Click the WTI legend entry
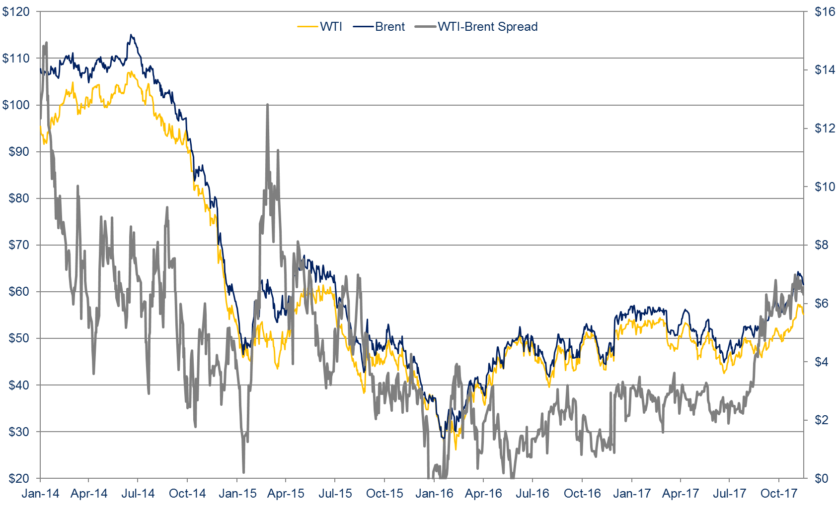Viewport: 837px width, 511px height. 320,27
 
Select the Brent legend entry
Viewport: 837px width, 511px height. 380,27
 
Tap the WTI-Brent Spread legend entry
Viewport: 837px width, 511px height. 477,27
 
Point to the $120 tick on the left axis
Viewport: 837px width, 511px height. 16,11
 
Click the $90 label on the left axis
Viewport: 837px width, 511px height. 19,152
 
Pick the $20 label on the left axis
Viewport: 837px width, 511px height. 19,479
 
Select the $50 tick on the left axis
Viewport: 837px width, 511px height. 19,338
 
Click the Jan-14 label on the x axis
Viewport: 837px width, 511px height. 40,494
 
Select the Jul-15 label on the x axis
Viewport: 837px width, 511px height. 335,494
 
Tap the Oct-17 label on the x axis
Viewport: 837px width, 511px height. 779,494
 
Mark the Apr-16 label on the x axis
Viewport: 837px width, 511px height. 483,494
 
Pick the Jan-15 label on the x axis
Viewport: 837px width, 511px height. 237,494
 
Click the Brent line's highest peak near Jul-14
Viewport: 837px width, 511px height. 131,35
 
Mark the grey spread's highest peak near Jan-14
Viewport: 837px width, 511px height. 46,43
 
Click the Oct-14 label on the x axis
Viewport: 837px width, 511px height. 187,494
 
